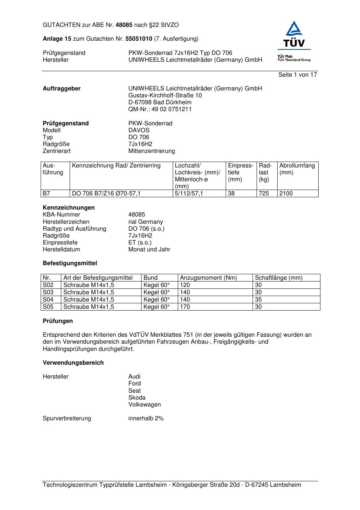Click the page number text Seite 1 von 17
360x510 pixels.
click(x=298, y=75)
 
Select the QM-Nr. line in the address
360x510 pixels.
click(x=160, y=109)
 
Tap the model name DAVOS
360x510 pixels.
click(x=139, y=130)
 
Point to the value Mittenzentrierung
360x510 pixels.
click(x=151, y=151)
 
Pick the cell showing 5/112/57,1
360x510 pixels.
click(x=189, y=194)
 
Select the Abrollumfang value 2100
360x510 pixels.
click(x=286, y=194)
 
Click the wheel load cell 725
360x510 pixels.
click(x=264, y=194)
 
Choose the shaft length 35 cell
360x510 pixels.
click(x=258, y=300)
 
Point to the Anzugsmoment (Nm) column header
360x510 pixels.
click(x=208, y=278)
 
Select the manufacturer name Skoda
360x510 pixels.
click(x=137, y=398)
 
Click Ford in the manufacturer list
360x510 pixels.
click(x=134, y=384)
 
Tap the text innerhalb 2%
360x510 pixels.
click(x=146, y=418)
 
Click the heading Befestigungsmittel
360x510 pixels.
click(x=70, y=263)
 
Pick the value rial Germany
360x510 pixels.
click(x=146, y=222)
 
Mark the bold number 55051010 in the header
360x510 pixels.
click(x=139, y=39)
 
